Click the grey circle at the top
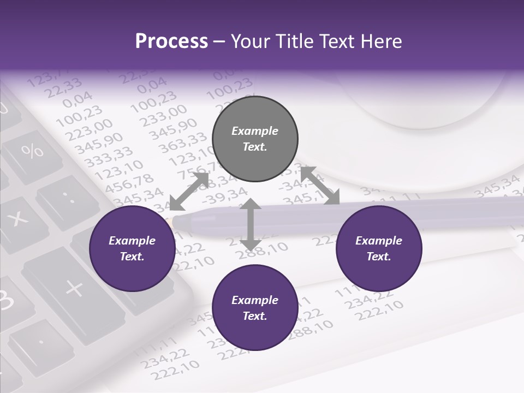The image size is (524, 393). (x=255, y=139)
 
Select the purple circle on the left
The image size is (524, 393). (x=132, y=248)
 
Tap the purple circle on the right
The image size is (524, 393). (x=379, y=248)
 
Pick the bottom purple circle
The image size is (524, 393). (x=255, y=308)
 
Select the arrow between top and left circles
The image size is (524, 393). (x=189, y=191)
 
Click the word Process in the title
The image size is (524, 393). (x=171, y=41)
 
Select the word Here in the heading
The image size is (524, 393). (x=382, y=41)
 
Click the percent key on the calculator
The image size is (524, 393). (x=33, y=150)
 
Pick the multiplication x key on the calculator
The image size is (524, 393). (x=19, y=218)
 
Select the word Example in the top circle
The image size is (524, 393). (x=255, y=131)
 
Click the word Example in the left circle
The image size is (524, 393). (x=132, y=241)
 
